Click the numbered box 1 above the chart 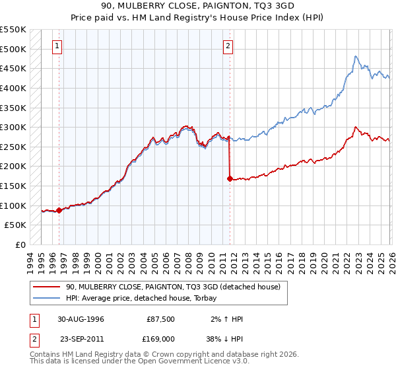[58, 46]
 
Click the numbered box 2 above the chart [228, 46]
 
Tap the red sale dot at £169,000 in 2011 [230, 178]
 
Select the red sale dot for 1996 [59, 210]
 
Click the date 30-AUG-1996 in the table [81, 318]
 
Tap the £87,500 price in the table [160, 318]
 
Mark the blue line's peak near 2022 [355, 56]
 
